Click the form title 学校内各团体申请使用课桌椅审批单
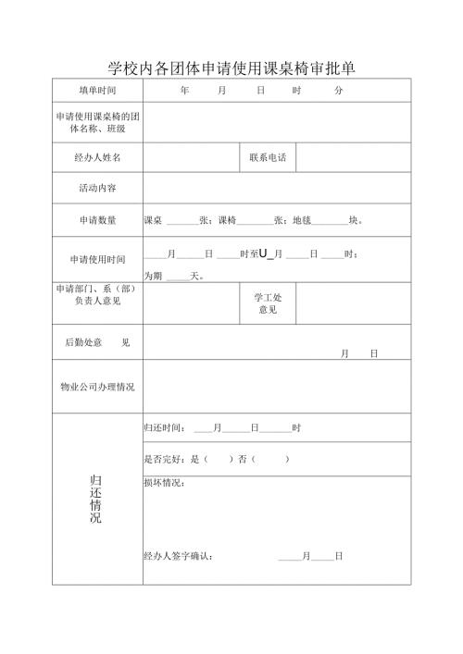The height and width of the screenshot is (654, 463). coord(231,68)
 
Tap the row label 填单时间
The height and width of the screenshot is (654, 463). coord(97,91)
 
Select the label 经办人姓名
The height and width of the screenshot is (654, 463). coord(97,158)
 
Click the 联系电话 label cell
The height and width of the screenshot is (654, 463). coord(268,158)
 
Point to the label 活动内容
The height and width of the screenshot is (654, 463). coord(97,188)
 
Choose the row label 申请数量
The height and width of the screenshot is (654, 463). coord(97,220)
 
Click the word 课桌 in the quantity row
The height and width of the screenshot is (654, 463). coord(153,220)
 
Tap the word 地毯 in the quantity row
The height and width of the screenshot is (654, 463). coord(303,220)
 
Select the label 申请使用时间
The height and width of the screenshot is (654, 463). coord(97,260)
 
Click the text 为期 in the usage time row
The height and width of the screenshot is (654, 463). coord(153,276)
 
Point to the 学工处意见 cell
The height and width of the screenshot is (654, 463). coord(268,303)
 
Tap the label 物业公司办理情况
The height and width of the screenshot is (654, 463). coord(97,387)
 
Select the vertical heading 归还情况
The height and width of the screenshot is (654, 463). coord(96,500)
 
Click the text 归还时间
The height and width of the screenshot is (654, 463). coord(165,428)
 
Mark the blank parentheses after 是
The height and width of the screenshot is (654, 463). coord(218,459)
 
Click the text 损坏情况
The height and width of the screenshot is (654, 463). coord(165,483)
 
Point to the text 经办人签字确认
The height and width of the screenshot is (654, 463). coord(179,556)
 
